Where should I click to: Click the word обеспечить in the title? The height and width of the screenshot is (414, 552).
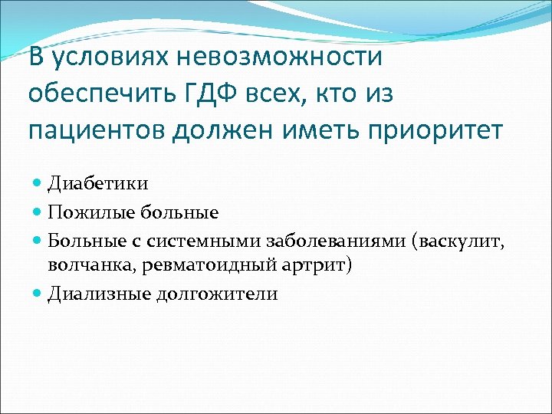click(98, 94)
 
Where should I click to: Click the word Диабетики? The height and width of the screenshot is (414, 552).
click(98, 184)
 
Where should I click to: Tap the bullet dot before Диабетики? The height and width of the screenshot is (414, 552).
click(40, 184)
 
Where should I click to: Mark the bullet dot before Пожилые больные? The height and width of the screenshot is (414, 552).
click(40, 212)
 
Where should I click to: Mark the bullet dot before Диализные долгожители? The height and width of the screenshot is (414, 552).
click(40, 294)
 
